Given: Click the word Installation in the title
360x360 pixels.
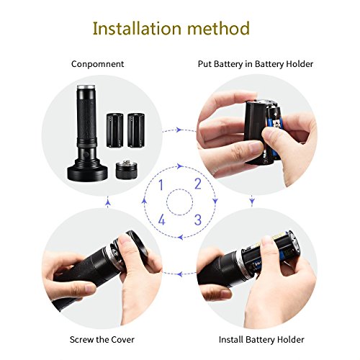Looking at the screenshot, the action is coord(137,28).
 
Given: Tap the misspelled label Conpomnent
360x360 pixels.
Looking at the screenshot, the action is coord(98,64).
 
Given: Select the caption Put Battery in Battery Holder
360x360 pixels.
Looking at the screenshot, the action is coord(256,64).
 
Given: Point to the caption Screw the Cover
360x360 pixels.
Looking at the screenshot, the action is coord(102,340).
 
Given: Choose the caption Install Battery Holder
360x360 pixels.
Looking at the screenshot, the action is coord(261,340).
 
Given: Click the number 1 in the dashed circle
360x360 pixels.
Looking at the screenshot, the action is coord(161,184).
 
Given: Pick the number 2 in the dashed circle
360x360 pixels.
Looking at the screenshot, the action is coord(198,184).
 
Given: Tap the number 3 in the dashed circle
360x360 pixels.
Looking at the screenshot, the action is coord(198,220).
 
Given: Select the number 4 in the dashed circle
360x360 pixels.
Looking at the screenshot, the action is coord(162,220).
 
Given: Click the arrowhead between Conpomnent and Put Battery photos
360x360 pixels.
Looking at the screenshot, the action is coord(178,130).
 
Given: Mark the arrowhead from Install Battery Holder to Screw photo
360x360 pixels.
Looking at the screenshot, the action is coord(180,274).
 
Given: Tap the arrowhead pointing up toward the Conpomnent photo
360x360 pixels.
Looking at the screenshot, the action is coord(108,204).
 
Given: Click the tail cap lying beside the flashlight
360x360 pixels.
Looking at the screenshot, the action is coord(127,170).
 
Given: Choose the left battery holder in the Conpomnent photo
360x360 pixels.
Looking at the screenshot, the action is coord(115,130).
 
